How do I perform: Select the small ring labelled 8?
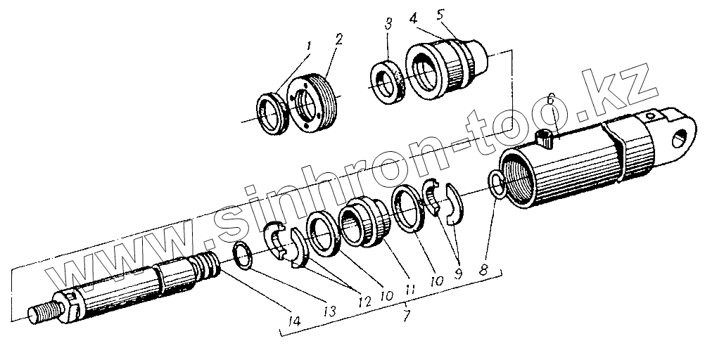coord(497,186)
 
